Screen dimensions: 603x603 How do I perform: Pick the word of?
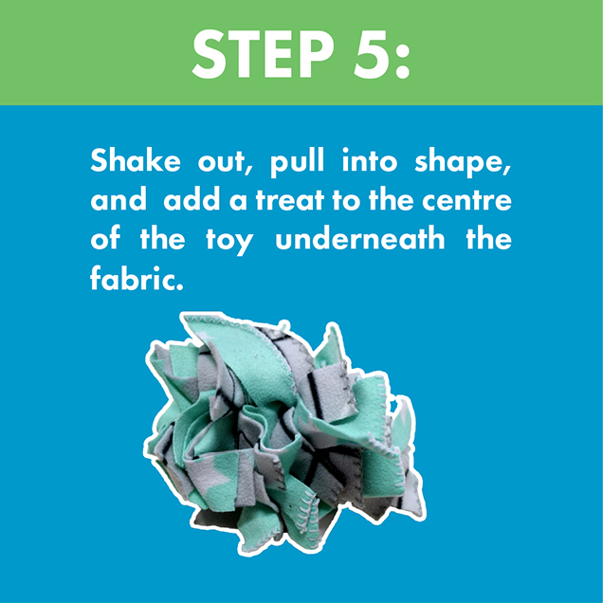tap(105, 239)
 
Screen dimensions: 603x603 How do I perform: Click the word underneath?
tap(360, 239)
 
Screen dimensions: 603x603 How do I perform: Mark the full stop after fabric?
tap(177, 284)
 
